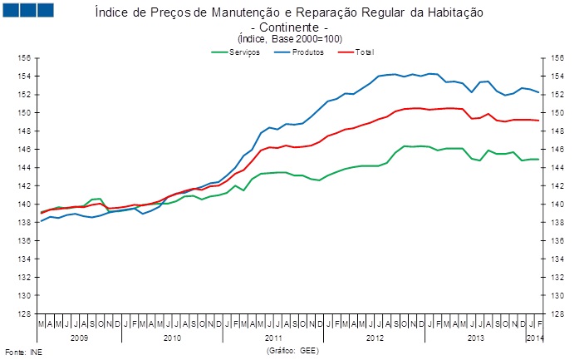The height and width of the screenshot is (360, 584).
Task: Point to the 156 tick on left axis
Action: click(x=25, y=58)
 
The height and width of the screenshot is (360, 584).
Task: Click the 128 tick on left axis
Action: click(x=25, y=313)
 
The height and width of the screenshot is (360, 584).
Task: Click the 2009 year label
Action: click(x=79, y=338)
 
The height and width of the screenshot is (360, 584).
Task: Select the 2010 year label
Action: click(x=172, y=338)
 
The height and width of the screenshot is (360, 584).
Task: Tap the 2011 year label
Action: click(x=273, y=338)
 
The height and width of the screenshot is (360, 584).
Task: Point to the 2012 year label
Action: click(x=375, y=338)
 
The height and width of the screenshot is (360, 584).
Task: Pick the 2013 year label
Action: click(x=476, y=338)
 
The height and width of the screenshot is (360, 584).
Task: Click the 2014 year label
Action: click(x=535, y=338)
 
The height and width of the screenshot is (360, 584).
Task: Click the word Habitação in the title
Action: click(x=454, y=14)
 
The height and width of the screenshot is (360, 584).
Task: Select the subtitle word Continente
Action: click(x=289, y=27)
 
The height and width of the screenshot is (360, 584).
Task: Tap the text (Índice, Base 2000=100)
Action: click(x=289, y=38)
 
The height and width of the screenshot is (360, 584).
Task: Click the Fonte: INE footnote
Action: click(x=23, y=352)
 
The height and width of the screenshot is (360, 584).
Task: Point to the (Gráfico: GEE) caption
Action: click(x=292, y=351)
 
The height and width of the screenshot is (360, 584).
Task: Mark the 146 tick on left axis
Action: click(x=25, y=150)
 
